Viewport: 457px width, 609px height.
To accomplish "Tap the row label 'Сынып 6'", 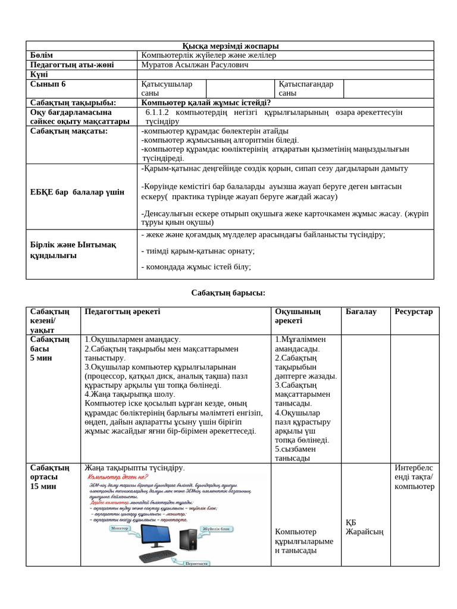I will (x=48, y=84).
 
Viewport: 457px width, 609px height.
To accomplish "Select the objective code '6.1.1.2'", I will (x=158, y=112).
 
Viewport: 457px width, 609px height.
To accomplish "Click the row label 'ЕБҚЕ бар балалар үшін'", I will (x=77, y=192).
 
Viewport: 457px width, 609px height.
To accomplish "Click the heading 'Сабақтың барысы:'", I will (x=228, y=293).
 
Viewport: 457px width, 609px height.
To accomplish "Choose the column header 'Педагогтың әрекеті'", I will (x=123, y=312).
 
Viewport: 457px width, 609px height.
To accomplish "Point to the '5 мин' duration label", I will (x=41, y=358).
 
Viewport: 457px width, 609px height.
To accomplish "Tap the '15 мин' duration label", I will (x=43, y=486).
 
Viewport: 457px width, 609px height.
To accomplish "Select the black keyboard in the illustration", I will (x=158, y=557).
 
